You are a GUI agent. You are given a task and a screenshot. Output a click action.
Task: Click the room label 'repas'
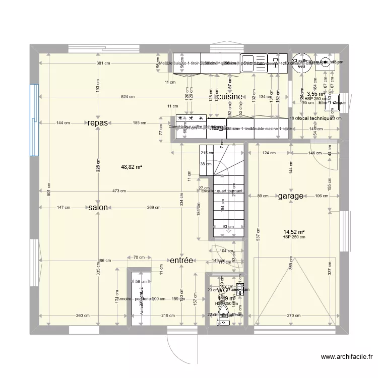point(97,122)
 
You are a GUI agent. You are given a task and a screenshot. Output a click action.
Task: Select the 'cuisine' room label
point(231,96)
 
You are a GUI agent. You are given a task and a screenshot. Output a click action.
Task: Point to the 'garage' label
point(290,196)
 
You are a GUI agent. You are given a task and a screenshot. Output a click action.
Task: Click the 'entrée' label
point(181,260)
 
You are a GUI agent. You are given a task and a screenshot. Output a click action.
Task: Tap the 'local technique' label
point(315,118)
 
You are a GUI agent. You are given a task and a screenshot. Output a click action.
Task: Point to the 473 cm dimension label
point(119,191)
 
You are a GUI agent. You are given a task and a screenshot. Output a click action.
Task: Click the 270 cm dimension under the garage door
point(293,316)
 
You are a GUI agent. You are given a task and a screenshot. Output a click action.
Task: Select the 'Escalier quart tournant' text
point(222,191)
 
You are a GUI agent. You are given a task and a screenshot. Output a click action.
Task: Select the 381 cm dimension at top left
point(103,63)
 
